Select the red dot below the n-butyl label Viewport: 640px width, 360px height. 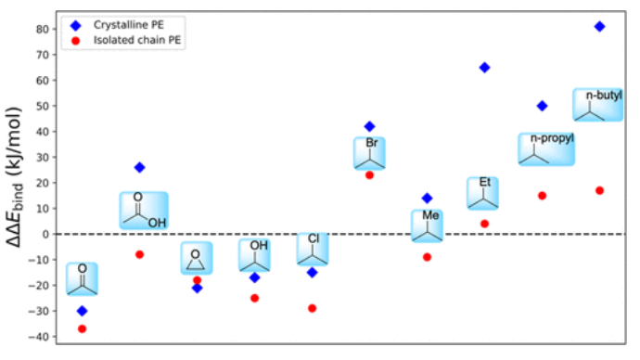599,190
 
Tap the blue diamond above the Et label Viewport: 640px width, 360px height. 484,68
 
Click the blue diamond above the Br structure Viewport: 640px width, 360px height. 369,126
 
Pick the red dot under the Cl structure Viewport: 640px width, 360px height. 313,308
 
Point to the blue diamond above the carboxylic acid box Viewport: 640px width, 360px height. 139,167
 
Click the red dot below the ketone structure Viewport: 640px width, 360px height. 82,328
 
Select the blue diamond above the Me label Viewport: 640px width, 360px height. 427,198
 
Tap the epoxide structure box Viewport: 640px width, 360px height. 196,258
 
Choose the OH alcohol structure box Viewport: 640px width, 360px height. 254,255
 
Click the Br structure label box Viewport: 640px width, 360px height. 369,153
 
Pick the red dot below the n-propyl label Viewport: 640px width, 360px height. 542,196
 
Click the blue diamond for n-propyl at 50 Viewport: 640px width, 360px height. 542,106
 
